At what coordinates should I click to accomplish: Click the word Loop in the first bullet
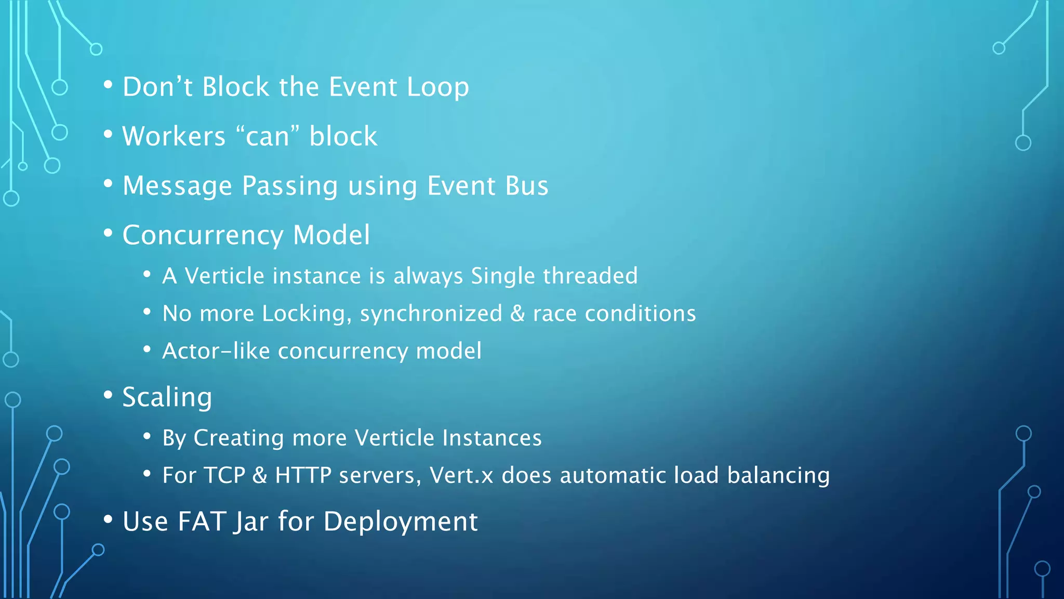click(x=437, y=87)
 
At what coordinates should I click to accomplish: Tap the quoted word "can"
click(x=267, y=136)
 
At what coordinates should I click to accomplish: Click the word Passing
click(x=290, y=186)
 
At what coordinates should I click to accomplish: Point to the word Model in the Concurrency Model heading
click(x=331, y=235)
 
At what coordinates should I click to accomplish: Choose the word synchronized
click(x=431, y=314)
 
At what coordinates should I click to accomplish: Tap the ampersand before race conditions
click(x=517, y=314)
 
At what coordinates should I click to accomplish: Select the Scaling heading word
click(x=167, y=398)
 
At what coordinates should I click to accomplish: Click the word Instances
click(x=491, y=438)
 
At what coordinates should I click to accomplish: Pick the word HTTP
click(x=303, y=475)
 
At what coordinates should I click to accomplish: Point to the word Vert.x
click(x=461, y=475)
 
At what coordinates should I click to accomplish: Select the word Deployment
click(x=400, y=522)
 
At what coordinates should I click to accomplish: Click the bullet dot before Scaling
click(x=108, y=395)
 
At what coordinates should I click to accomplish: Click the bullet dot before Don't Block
click(x=108, y=85)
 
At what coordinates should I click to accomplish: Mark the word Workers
click(x=174, y=136)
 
